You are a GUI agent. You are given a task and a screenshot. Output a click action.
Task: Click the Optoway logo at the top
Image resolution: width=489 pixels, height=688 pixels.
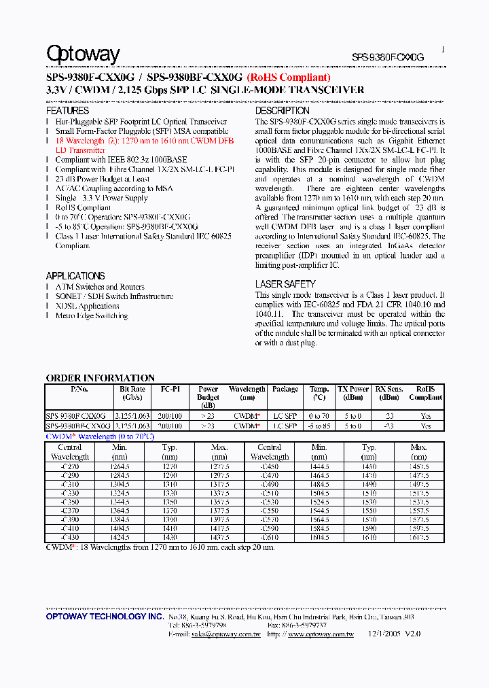click(x=83, y=54)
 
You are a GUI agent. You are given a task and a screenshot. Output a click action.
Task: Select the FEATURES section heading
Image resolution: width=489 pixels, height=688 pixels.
click(x=67, y=111)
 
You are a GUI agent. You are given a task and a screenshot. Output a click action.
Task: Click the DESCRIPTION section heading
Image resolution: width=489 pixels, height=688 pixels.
click(x=282, y=111)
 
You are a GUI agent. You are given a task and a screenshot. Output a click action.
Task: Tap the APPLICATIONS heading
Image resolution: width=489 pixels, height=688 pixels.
click(x=75, y=276)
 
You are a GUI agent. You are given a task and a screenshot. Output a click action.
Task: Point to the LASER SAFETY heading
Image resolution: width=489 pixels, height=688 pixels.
click(x=285, y=284)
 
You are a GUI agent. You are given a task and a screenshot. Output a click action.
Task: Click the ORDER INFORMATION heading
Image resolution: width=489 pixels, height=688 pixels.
click(x=100, y=378)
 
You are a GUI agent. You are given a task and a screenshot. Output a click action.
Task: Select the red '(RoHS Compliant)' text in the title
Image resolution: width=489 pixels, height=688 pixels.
click(x=289, y=78)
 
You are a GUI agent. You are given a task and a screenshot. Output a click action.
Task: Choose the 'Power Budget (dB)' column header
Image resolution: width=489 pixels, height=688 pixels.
click(x=208, y=397)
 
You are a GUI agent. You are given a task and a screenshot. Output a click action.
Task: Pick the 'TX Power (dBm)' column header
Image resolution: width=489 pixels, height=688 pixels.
click(x=353, y=393)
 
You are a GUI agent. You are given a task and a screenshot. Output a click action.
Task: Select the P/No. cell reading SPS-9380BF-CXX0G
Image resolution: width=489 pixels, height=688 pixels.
click(x=78, y=426)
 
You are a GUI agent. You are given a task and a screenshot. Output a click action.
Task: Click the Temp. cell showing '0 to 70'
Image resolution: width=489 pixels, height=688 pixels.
click(x=319, y=415)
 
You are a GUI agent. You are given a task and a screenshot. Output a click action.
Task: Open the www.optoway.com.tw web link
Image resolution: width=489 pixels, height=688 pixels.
click(x=321, y=634)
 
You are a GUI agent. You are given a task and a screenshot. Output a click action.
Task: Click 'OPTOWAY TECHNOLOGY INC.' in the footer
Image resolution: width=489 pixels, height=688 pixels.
click(x=105, y=616)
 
